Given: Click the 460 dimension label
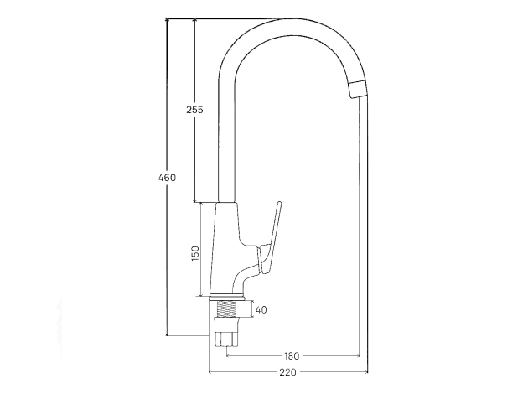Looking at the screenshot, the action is click(167, 177).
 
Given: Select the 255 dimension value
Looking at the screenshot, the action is click(195, 110).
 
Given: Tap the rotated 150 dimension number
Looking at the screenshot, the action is click(195, 253).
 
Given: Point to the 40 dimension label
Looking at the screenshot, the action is click(261, 309).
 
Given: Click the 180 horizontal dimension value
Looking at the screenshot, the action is click(292, 355).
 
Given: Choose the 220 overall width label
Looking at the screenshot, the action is click(288, 372).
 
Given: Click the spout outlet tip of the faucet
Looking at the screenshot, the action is click(358, 90).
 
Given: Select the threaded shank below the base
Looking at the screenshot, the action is click(226, 309).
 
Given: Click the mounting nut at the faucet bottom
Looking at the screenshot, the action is click(226, 333).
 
